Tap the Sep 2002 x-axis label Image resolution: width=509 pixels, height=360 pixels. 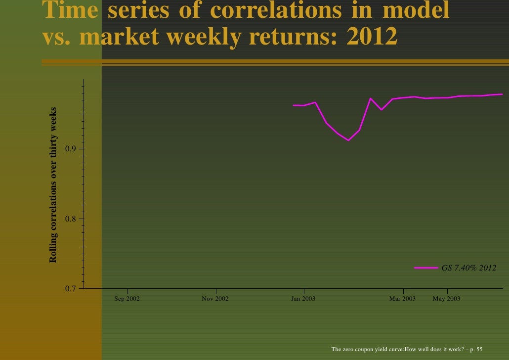click(127, 299)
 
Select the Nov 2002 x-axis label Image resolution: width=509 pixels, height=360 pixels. click(215, 299)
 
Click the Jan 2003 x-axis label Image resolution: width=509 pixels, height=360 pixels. click(303, 299)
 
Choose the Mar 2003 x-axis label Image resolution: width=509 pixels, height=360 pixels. click(402, 299)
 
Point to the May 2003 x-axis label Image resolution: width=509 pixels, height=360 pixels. click(446, 299)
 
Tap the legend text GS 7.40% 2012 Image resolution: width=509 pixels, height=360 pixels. click(468, 268)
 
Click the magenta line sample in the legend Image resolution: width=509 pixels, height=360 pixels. click(426, 268)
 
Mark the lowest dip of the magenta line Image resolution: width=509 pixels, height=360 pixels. click(348, 140)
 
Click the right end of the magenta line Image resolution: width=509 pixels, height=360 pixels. click(502, 94)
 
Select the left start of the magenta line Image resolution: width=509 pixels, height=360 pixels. click(294, 105)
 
